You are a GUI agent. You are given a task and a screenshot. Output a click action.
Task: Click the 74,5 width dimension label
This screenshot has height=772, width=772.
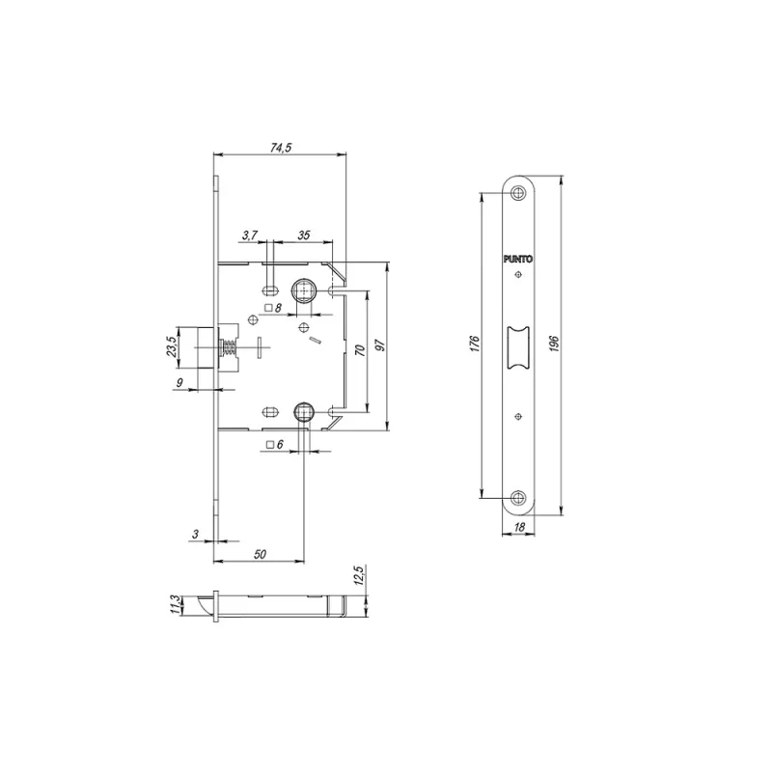(x=281, y=148)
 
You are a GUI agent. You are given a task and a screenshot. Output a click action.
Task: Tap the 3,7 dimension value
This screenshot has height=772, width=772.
(x=250, y=235)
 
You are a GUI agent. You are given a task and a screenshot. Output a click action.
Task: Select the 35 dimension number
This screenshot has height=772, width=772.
(x=303, y=235)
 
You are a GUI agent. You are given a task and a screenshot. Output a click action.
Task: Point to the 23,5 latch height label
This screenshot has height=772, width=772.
(x=171, y=346)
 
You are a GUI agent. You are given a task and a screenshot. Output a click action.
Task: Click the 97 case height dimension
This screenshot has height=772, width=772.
(x=380, y=345)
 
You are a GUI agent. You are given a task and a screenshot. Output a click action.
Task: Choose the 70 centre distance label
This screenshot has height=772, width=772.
(x=360, y=350)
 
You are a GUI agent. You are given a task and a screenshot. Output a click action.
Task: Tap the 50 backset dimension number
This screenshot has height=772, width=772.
(x=260, y=554)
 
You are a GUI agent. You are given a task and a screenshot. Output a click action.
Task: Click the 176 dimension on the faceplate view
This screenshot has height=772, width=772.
(x=474, y=344)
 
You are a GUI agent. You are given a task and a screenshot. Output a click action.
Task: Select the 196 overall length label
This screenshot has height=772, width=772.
(x=553, y=344)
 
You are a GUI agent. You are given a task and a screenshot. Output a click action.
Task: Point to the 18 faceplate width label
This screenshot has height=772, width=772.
(x=519, y=527)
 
